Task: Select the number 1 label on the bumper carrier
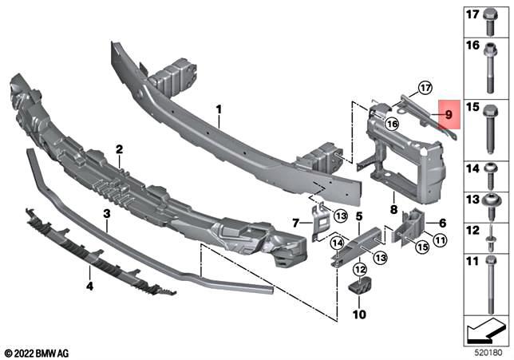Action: (217, 108)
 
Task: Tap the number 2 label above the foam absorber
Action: (118, 149)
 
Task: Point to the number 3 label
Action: (105, 214)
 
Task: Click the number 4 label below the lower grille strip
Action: (89, 280)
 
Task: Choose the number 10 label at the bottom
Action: (359, 315)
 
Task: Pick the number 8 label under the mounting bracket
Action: (393, 209)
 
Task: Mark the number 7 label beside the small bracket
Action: (296, 221)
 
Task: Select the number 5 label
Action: (359, 216)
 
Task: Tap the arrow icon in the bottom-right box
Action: (485, 327)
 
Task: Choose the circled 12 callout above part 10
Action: (359, 271)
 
